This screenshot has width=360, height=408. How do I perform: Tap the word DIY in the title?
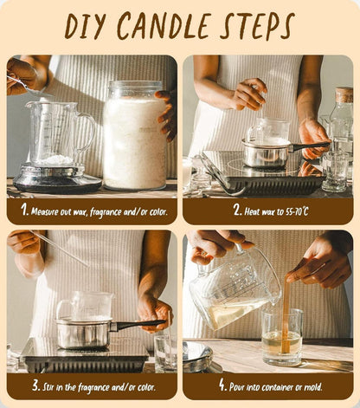point(85,26)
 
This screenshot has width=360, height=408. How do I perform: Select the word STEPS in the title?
point(257,26)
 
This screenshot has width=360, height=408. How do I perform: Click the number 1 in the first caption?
point(24,210)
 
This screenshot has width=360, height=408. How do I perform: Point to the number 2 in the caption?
point(237,210)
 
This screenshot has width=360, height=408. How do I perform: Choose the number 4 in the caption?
point(222,385)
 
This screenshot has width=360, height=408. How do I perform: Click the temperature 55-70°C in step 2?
point(297,211)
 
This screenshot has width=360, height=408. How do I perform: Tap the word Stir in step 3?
point(48,387)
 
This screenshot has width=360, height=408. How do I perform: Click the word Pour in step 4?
point(235,387)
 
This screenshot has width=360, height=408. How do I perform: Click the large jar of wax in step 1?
point(134,135)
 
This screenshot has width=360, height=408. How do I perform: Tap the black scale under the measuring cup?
point(57,179)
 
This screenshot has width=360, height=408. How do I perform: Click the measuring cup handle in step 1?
point(86,133)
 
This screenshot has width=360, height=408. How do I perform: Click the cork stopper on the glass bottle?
point(344,95)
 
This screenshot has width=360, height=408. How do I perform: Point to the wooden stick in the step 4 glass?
point(286,314)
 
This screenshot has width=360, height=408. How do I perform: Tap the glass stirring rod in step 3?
point(60,248)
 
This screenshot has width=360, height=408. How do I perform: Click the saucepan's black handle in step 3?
point(138,325)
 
